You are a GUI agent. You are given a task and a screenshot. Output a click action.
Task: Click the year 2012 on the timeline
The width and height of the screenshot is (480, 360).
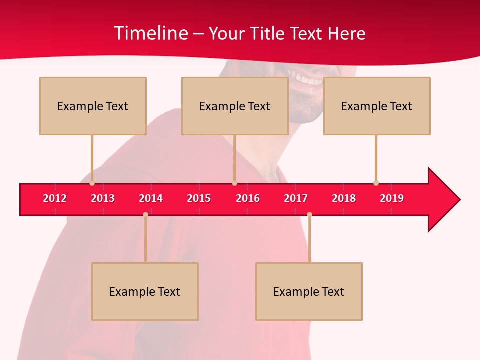click(x=55, y=198)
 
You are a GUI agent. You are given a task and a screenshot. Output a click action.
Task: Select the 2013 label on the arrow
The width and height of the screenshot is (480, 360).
click(x=103, y=198)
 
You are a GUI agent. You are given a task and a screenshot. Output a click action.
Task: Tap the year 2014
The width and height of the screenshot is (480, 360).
click(x=151, y=198)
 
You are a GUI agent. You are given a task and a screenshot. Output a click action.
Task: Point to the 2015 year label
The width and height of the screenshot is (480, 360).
click(x=199, y=198)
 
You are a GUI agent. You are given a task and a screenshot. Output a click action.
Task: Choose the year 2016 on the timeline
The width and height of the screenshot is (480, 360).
click(x=248, y=198)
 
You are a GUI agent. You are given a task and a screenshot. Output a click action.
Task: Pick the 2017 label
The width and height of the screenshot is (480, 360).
click(x=296, y=198)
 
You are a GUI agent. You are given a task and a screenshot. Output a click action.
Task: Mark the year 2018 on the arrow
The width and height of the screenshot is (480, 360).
click(x=344, y=198)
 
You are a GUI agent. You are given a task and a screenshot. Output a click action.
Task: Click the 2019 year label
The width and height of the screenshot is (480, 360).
click(x=392, y=198)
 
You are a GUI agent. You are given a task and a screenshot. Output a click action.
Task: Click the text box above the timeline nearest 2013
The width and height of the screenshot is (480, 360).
click(x=93, y=106)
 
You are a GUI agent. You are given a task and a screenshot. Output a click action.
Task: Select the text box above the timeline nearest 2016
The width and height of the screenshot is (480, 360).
click(x=235, y=106)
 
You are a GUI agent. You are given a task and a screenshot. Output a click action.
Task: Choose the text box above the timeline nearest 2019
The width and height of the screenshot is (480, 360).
click(x=377, y=106)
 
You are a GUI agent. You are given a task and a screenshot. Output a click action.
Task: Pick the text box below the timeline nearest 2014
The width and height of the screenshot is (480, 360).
click(x=145, y=291)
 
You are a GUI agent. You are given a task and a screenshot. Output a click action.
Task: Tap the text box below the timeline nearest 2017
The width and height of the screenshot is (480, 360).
click(x=309, y=291)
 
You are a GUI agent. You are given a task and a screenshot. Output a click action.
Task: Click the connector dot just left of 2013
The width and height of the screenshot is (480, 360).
click(x=92, y=183)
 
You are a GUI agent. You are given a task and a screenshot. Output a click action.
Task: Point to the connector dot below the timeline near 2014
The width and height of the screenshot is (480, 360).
click(x=145, y=215)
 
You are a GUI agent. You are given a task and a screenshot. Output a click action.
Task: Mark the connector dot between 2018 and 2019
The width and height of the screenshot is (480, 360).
click(x=376, y=183)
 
